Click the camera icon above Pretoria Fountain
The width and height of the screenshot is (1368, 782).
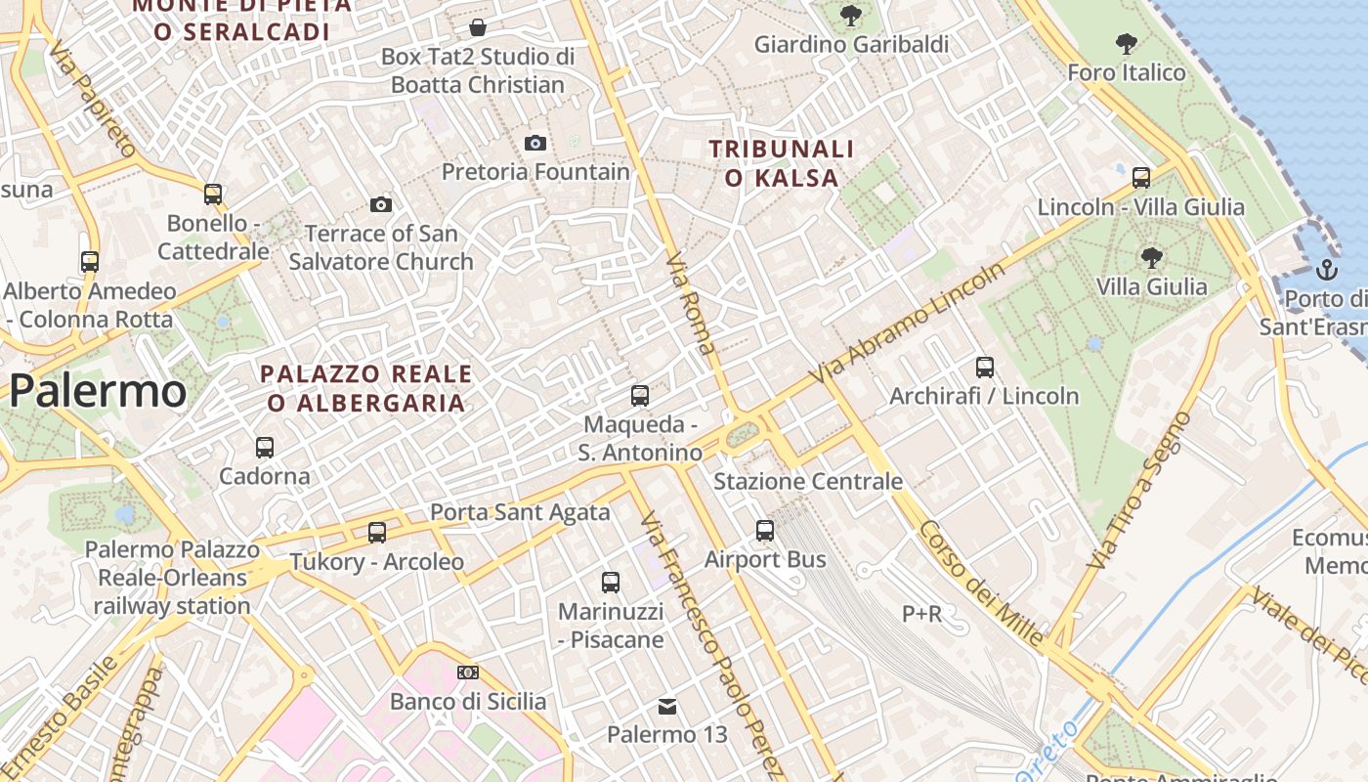tap(534, 143)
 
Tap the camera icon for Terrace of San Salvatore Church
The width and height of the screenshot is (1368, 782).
tap(381, 204)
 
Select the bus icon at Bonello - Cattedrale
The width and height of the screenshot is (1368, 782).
tap(213, 194)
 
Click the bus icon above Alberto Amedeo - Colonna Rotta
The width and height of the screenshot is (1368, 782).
tap(90, 262)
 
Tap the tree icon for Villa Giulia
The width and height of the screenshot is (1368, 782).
tap(1151, 258)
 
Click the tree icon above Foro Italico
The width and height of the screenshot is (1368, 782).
tap(1127, 44)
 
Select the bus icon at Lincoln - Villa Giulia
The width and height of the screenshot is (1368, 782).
tap(1141, 178)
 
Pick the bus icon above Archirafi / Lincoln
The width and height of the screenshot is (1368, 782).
tap(985, 368)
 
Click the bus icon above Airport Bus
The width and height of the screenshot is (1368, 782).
tap(765, 531)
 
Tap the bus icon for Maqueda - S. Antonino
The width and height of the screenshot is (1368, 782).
tap(640, 396)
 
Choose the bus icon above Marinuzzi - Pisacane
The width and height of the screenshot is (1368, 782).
tap(611, 583)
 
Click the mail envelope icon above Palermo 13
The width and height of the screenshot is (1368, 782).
tap(667, 706)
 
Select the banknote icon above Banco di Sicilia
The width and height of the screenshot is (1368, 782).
tap(468, 673)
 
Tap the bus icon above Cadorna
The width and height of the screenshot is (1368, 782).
tap(265, 448)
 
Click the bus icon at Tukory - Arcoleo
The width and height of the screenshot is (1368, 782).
tap(377, 533)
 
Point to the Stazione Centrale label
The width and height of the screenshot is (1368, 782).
tap(808, 481)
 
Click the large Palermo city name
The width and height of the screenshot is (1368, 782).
tap(98, 391)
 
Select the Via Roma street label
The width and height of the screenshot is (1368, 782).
tap(691, 303)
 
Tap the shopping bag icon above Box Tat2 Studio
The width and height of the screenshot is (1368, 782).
tap(478, 26)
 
